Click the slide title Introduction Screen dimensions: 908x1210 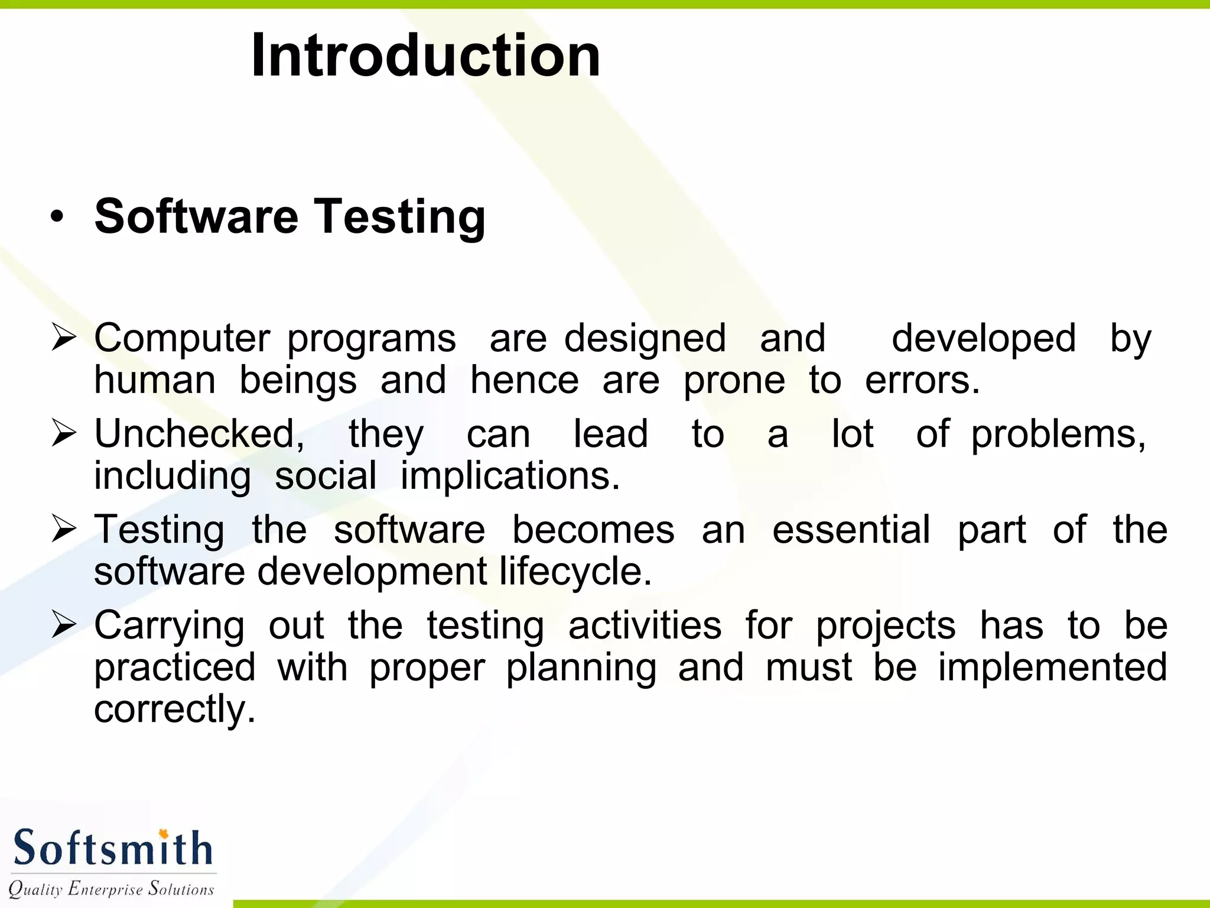[x=425, y=55]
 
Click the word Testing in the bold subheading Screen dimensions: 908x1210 [x=399, y=217]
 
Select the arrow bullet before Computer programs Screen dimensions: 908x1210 [x=64, y=338]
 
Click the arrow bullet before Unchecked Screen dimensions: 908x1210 [x=64, y=433]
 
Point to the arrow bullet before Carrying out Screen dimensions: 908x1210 [x=64, y=625]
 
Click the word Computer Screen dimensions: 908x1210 [x=182, y=339]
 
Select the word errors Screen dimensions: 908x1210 [x=922, y=380]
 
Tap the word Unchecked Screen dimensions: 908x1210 [x=200, y=433]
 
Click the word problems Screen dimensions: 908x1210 [x=1058, y=434]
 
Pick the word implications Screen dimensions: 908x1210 [x=510, y=476]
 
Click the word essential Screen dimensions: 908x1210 [x=851, y=529]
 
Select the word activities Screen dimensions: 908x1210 [x=645, y=625]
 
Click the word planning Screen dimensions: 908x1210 [x=581, y=668]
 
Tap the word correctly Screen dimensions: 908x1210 [x=175, y=709]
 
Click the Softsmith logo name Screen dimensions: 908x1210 [x=112, y=848]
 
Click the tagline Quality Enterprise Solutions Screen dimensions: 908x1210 [x=111, y=888]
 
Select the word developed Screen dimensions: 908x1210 [x=983, y=339]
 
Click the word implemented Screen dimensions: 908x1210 [x=1052, y=667]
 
